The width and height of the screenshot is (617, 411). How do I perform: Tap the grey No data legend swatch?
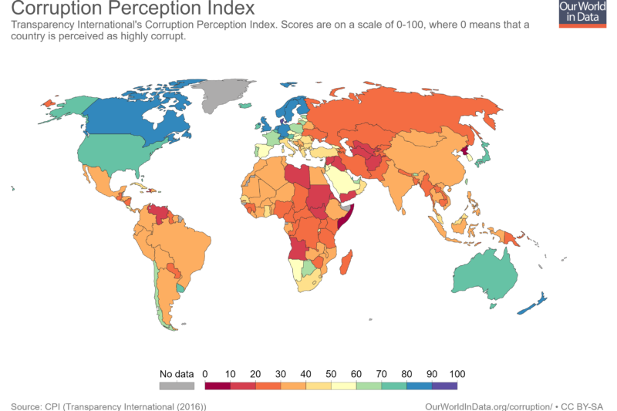[x=176, y=386]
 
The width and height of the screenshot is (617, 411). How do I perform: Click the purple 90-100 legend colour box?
[x=444, y=386]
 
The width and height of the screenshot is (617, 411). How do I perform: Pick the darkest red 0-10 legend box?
[x=217, y=386]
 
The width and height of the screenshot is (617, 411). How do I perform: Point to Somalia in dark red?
[x=343, y=219]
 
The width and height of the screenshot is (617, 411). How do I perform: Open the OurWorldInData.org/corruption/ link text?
[x=488, y=406]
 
